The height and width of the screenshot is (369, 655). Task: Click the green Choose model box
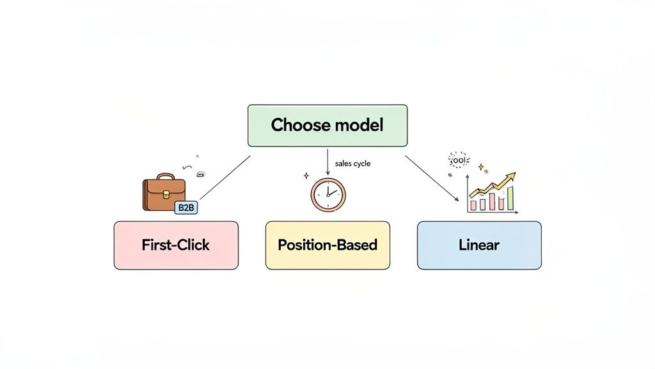(x=327, y=126)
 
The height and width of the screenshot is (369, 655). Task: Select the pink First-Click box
(x=176, y=245)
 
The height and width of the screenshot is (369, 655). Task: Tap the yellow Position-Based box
(x=327, y=245)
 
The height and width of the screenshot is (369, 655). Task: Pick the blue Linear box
(x=478, y=245)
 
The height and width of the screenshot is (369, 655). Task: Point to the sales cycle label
(x=352, y=164)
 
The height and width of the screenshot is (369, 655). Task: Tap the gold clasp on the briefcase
(x=164, y=193)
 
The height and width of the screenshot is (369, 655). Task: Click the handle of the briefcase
(x=165, y=176)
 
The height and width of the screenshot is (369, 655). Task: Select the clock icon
(x=327, y=194)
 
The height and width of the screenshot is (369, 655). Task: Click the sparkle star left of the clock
(x=306, y=175)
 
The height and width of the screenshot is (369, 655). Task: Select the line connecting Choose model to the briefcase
(x=225, y=177)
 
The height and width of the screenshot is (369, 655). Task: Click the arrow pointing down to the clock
(x=327, y=163)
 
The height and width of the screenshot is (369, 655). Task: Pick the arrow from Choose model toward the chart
(x=432, y=177)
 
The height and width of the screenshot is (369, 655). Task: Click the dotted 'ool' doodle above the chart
(x=459, y=160)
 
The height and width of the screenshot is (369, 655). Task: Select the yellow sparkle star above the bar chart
(x=480, y=167)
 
